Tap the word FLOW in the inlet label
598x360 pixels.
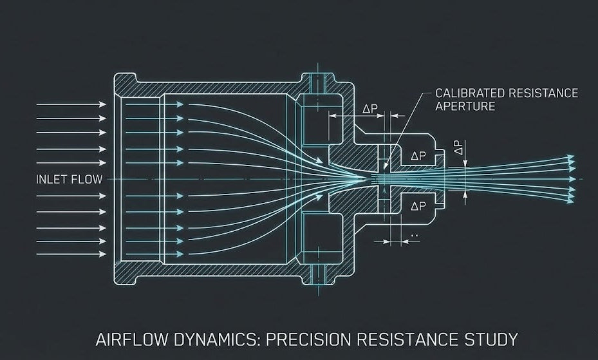pyautogui.click(x=87, y=179)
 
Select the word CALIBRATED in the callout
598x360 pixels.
pyautogui.click(x=468, y=93)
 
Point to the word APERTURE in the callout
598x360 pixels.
pyautogui.click(x=465, y=106)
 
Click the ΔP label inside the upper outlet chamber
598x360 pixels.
pyautogui.click(x=418, y=156)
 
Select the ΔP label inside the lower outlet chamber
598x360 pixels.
pyautogui.click(x=418, y=206)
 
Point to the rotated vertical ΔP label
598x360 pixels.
pyautogui.click(x=458, y=148)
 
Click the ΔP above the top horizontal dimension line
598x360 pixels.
pyautogui.click(x=370, y=109)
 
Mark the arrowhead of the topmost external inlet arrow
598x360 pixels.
pyautogui.click(x=103, y=104)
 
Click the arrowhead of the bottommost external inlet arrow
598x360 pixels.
pyautogui.click(x=103, y=254)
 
